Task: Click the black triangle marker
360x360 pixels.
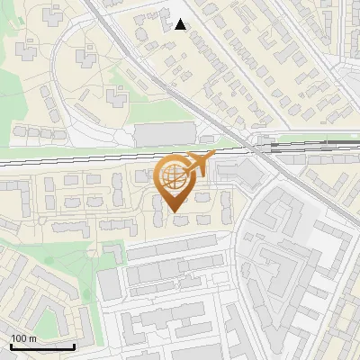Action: click(x=181, y=24)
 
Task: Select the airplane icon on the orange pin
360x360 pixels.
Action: click(x=199, y=165)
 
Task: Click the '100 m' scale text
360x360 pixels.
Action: click(x=24, y=338)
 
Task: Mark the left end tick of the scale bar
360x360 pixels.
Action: click(x=11, y=345)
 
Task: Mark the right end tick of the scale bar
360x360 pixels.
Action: click(x=74, y=345)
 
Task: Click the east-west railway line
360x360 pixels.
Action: click(x=90, y=156)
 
